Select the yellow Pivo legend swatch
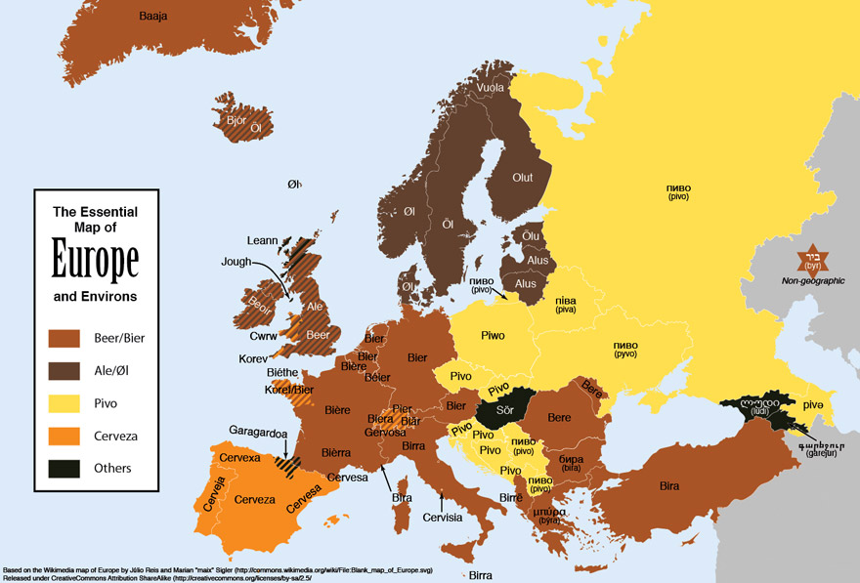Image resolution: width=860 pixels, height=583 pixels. click(x=64, y=403)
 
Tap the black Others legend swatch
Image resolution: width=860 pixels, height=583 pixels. click(x=64, y=468)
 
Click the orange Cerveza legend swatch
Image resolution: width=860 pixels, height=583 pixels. click(x=64, y=436)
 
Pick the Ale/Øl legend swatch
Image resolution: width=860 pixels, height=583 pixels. click(x=64, y=371)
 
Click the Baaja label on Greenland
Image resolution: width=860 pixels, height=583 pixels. click(x=153, y=17)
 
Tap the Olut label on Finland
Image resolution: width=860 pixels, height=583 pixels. click(x=523, y=177)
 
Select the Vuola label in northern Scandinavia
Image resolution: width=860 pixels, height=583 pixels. click(x=491, y=88)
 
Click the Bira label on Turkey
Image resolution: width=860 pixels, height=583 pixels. click(x=669, y=485)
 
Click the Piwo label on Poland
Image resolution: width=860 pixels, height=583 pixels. click(x=494, y=336)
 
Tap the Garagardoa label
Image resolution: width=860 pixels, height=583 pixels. click(x=257, y=430)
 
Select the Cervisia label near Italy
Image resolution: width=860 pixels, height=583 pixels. click(x=443, y=518)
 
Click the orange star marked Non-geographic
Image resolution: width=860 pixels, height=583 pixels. click(x=811, y=260)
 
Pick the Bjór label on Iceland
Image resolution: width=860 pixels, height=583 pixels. click(x=236, y=121)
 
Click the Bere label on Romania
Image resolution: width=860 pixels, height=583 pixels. click(x=559, y=418)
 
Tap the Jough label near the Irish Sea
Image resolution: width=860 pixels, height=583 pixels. click(x=236, y=262)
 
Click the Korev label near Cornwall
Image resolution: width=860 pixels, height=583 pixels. click(x=252, y=358)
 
